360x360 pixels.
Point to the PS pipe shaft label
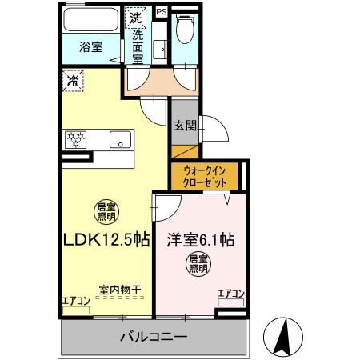tap(162, 11)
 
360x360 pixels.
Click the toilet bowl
tap(186, 30)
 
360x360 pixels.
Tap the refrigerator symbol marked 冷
tap(74, 81)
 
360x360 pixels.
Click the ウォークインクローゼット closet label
tap(202, 174)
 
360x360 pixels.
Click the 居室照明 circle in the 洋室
tap(199, 264)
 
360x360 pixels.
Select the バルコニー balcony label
tap(153, 336)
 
